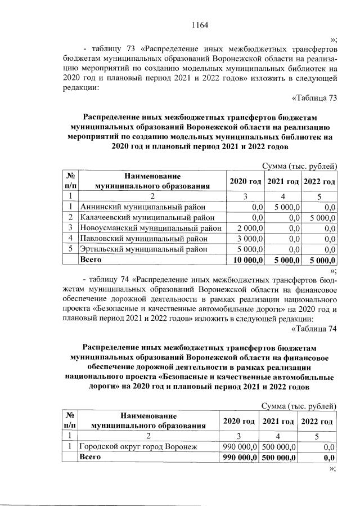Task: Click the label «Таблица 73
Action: (315, 98)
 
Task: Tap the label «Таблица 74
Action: (315, 329)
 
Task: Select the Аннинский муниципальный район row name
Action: (142, 207)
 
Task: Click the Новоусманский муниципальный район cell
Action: (151, 228)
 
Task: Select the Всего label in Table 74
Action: (90, 457)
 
